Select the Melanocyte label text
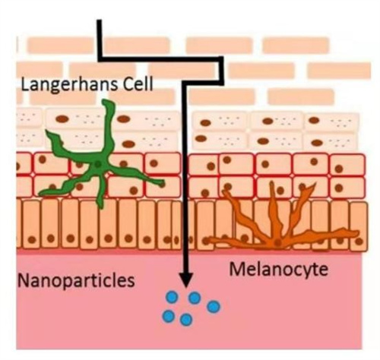coord(278,270)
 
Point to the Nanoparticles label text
coord(76,281)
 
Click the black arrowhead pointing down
coord(186,280)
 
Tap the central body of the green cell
coord(98,164)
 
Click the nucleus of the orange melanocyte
coord(278,242)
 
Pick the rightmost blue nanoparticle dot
coord(214,307)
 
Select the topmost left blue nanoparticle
coord(173,297)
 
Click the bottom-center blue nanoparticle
coord(186,320)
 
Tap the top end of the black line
coord(100,21)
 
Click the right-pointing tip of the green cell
coord(163,183)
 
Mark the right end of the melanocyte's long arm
coord(357,232)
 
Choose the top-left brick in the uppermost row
coord(60,46)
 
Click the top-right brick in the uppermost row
coord(296,46)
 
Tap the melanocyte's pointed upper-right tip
coord(315,185)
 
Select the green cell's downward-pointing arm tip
coord(101,207)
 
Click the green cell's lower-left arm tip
coord(40,194)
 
